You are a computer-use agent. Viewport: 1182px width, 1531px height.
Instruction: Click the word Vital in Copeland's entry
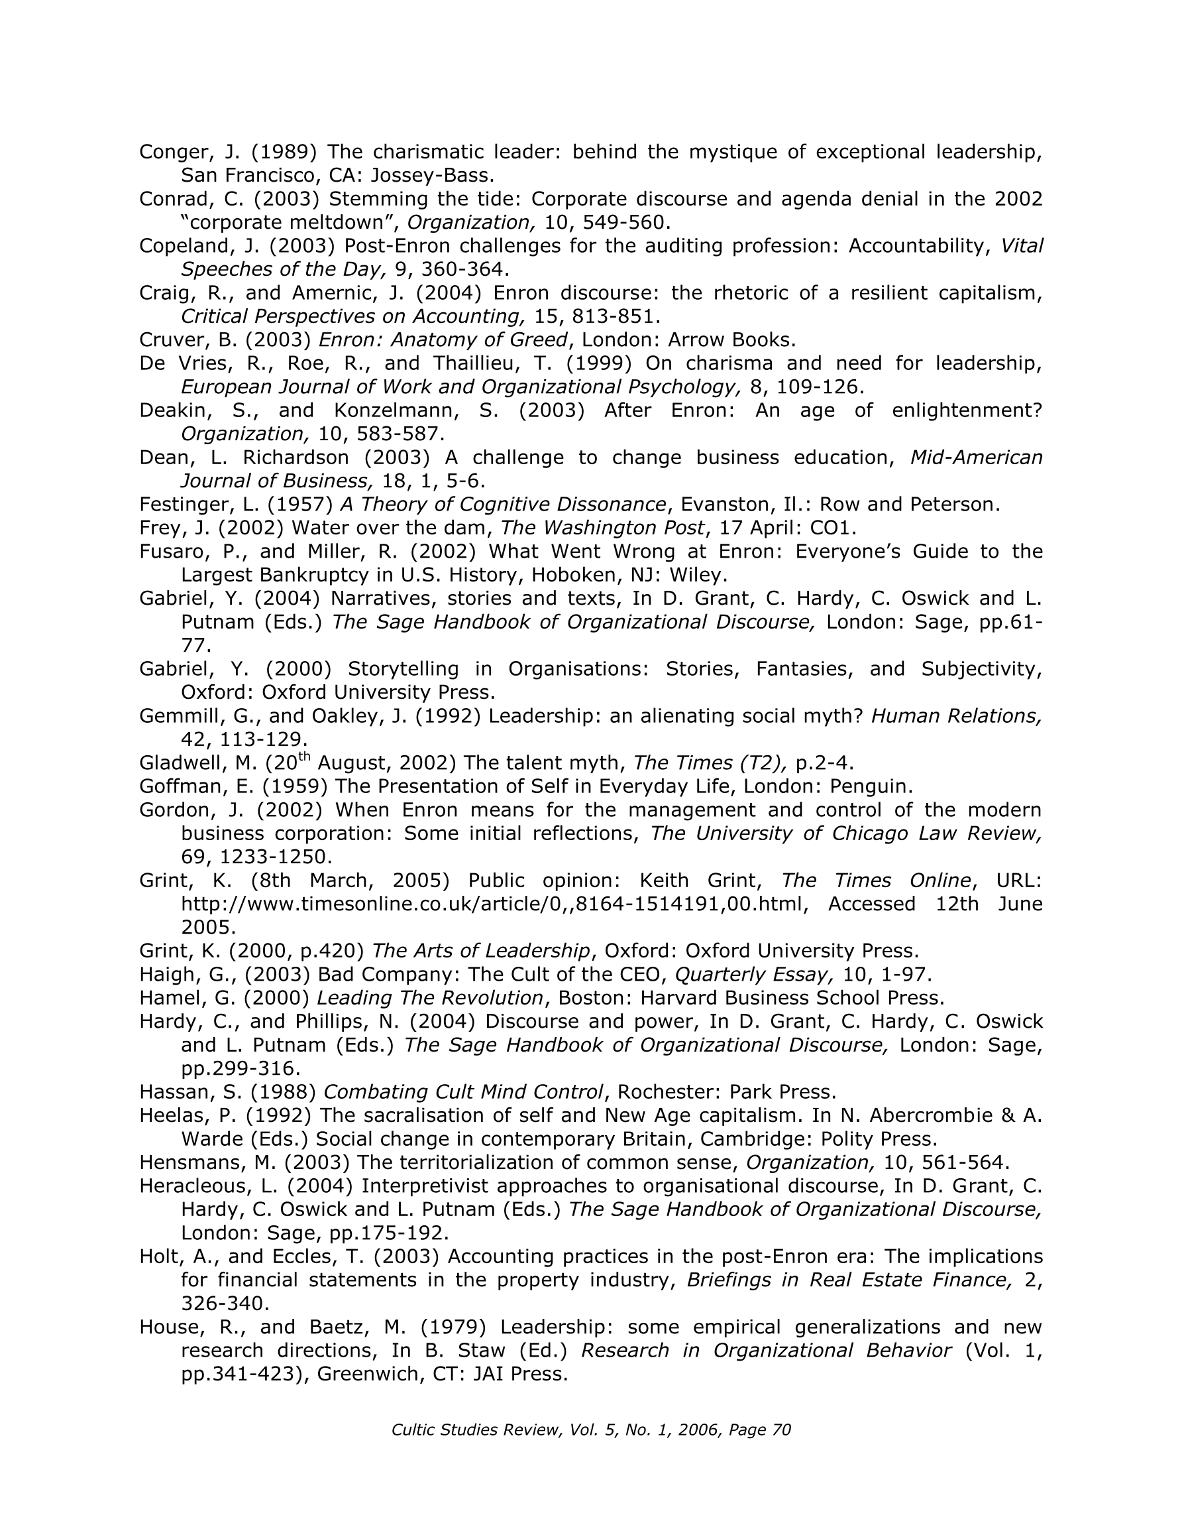[x=1022, y=246]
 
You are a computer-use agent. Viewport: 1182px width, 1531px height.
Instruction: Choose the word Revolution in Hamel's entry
[x=488, y=999]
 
